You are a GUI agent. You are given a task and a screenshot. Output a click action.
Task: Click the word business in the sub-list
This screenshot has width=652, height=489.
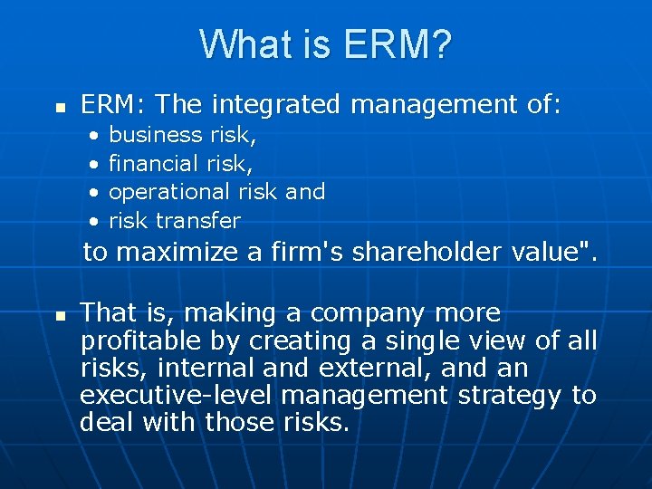pyautogui.click(x=155, y=135)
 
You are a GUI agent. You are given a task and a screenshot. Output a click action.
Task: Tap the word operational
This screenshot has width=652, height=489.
pyautogui.click(x=169, y=192)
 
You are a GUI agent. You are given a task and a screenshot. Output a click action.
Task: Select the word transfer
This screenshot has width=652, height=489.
pyautogui.click(x=198, y=220)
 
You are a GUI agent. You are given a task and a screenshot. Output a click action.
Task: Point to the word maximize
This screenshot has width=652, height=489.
pyautogui.click(x=190, y=253)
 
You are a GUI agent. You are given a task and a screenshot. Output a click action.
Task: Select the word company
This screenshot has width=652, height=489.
pyautogui.click(x=369, y=313)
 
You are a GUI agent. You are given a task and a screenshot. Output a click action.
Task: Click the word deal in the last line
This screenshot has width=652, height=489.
pyautogui.click(x=105, y=423)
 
